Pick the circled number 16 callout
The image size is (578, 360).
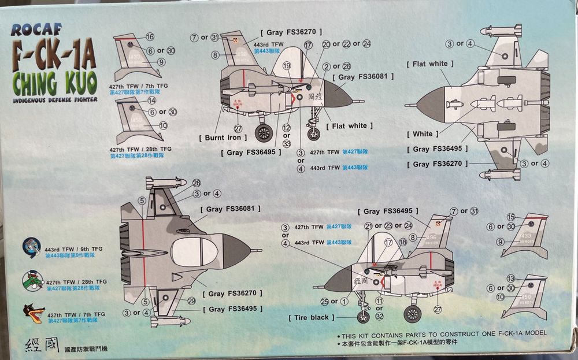pyautogui.click(x=150, y=36)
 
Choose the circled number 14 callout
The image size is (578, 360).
pyautogui.click(x=151, y=100)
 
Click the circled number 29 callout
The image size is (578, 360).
pyautogui.click(x=191, y=300)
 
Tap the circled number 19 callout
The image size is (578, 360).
pyautogui.click(x=287, y=66)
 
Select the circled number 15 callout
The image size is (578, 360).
pyautogui.click(x=511, y=217)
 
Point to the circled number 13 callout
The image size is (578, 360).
pyautogui.click(x=510, y=279)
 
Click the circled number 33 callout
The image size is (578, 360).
pyautogui.click(x=286, y=143)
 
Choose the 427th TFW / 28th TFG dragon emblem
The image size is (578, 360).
pyautogui.click(x=32, y=281)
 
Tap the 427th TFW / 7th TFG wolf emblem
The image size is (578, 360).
pyautogui.click(x=33, y=314)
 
